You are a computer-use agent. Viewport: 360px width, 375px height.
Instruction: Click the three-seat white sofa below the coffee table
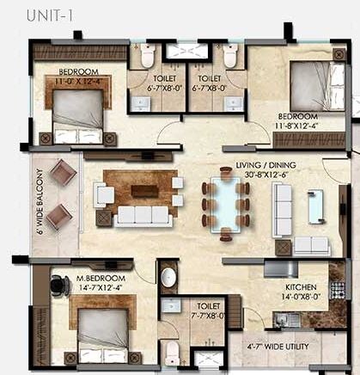143,215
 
